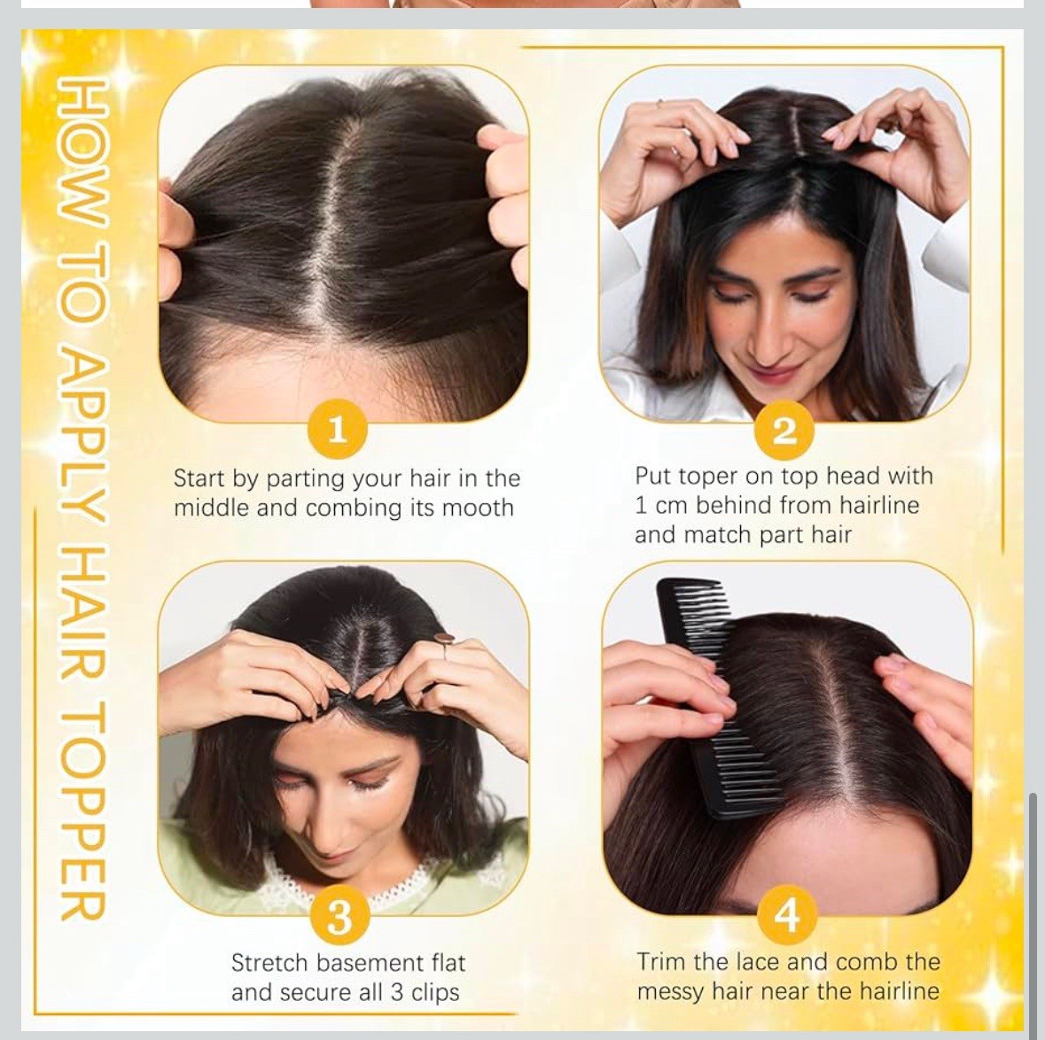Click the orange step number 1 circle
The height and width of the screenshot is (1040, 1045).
pos(338,429)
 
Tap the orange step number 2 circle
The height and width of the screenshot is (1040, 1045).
pos(784,431)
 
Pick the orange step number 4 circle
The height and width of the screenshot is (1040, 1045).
pos(787,915)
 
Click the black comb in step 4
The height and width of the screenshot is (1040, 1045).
pos(716,696)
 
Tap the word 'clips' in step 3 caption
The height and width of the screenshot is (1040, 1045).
pos(434,993)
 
